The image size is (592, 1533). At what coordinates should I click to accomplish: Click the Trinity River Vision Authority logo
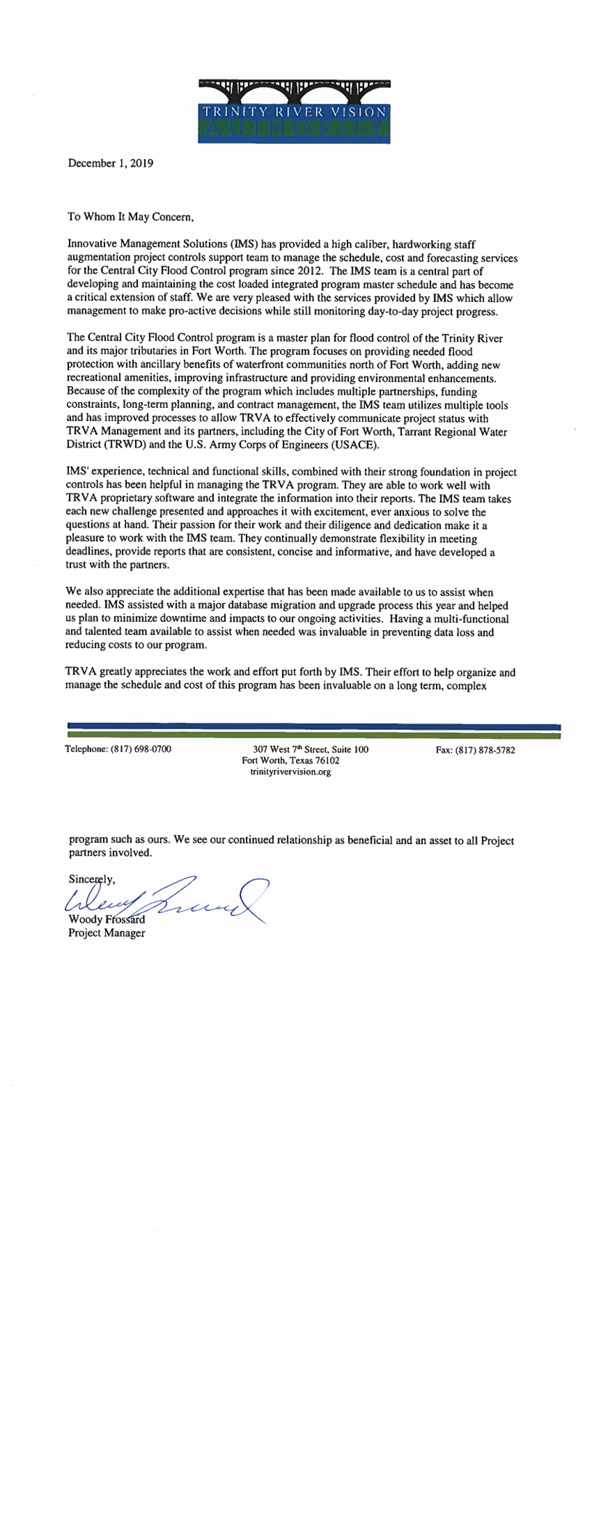pos(295,110)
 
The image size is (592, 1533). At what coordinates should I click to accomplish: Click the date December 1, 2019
pos(110,163)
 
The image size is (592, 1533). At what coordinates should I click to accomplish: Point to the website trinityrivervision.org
pos(290,772)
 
